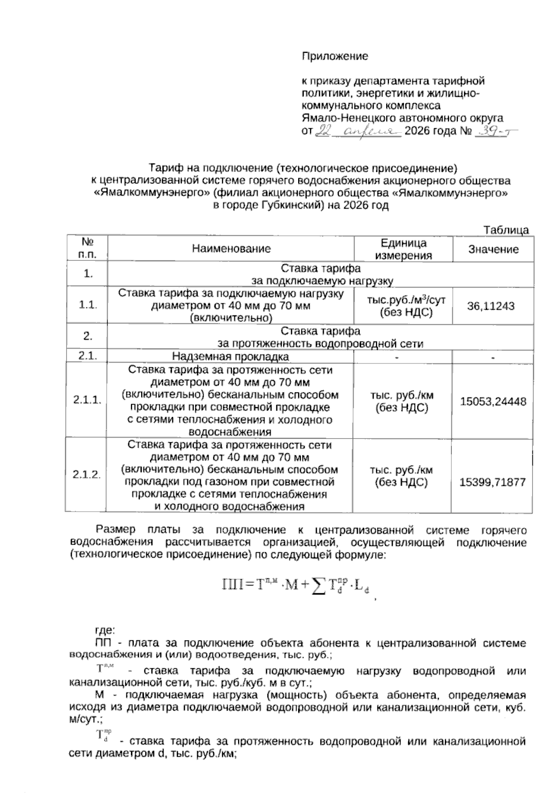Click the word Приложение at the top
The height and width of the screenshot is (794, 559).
pyautogui.click(x=335, y=56)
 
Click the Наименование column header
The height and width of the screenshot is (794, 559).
pyautogui.click(x=231, y=249)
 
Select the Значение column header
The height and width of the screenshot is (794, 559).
pyautogui.click(x=493, y=249)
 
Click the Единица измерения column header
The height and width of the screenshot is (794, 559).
pyautogui.click(x=403, y=249)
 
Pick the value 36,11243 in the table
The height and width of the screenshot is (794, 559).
pyautogui.click(x=493, y=306)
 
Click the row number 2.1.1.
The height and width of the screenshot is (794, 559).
pyautogui.click(x=87, y=400)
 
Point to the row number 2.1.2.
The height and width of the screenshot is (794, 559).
pyautogui.click(x=87, y=475)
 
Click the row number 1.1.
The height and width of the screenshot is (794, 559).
pyautogui.click(x=88, y=305)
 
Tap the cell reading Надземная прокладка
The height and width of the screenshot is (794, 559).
pyautogui.click(x=230, y=357)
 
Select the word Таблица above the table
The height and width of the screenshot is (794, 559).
pyautogui.click(x=506, y=230)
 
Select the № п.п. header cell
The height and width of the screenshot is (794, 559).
pyautogui.click(x=88, y=248)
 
